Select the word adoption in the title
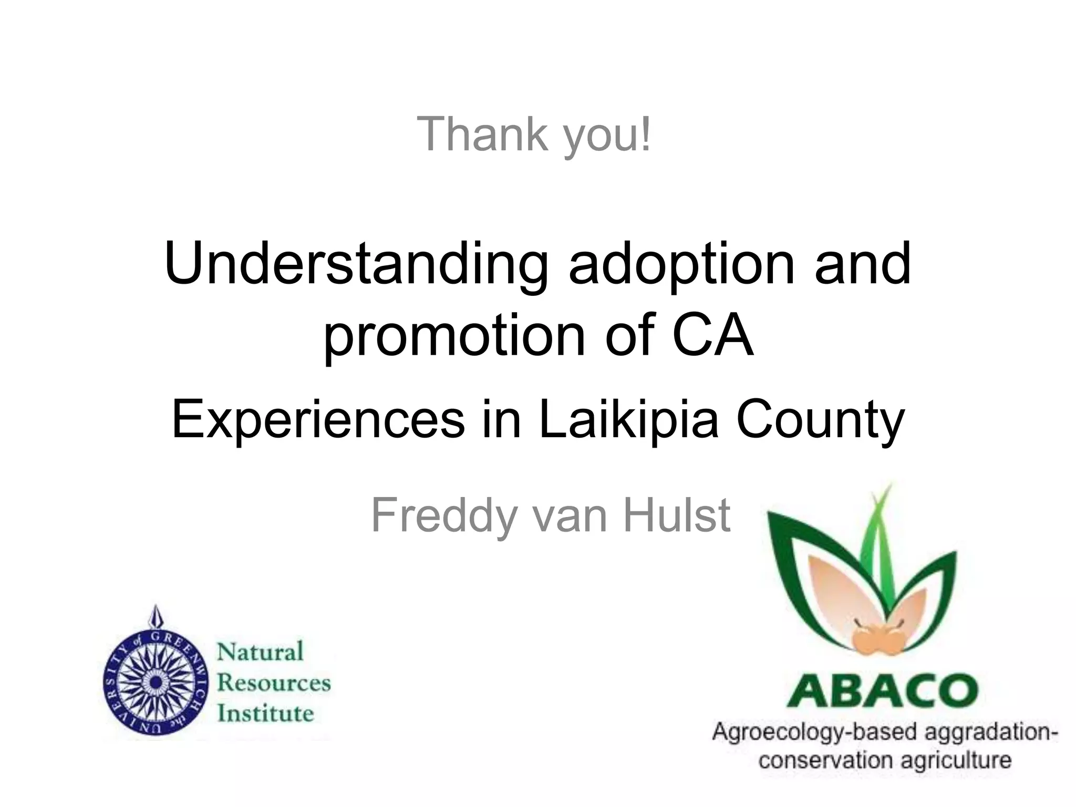click(x=681, y=265)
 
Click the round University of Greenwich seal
click(x=155, y=681)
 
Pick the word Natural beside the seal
click(x=261, y=652)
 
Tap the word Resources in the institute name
click(x=274, y=682)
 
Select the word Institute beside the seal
click(x=265, y=713)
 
